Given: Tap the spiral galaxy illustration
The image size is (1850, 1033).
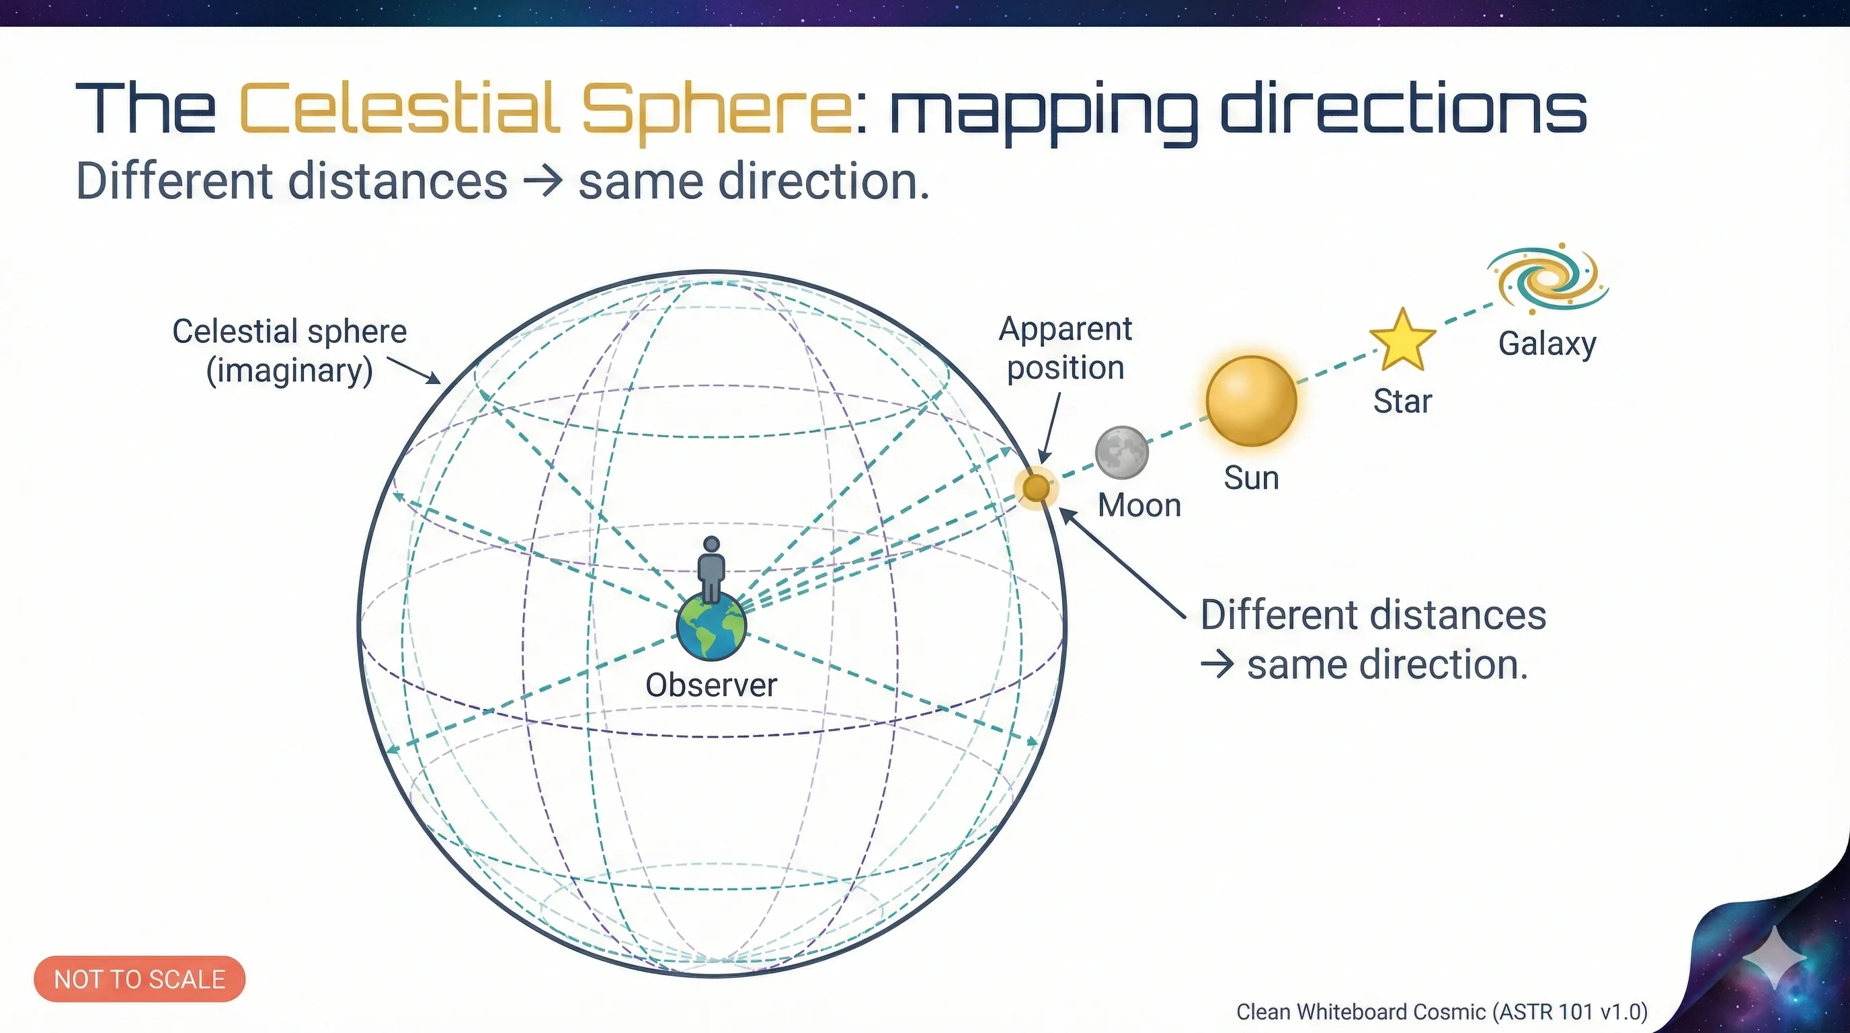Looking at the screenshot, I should coord(1548,278).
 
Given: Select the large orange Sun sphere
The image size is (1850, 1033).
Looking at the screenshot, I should coord(1251,401).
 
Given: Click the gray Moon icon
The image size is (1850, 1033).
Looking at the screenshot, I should coord(1121,453).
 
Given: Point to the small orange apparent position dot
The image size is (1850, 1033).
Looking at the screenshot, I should coord(1036,488).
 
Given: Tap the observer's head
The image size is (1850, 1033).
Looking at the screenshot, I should coord(711,544).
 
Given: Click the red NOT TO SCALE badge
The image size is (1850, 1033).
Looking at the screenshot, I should coord(139,979).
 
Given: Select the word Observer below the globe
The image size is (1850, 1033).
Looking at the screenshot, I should coord(711,685).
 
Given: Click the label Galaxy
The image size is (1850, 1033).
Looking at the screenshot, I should coord(1547,344).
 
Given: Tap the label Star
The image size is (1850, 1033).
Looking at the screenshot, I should coord(1402,401).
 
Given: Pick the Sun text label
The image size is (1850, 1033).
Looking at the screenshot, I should coord(1251,478).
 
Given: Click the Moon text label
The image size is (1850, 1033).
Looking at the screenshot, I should coord(1139,506).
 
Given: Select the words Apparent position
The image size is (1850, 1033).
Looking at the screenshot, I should coord(1065,348).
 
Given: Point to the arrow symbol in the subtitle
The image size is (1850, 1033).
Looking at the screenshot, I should coord(542,180).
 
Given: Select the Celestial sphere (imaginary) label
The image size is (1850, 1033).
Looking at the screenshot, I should coord(290,351).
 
